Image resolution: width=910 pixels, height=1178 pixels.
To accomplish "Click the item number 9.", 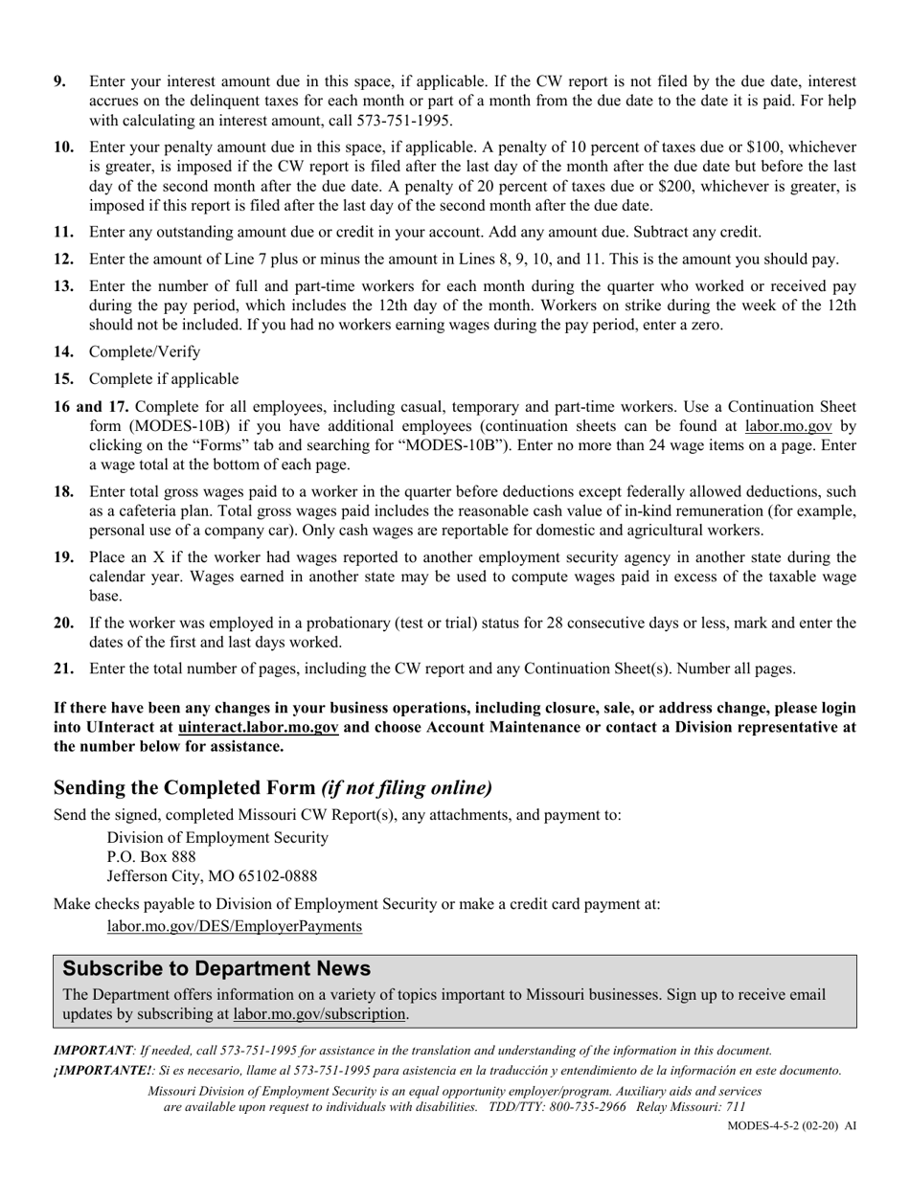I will point(60,82).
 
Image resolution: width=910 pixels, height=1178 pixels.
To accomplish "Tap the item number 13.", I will point(63,286).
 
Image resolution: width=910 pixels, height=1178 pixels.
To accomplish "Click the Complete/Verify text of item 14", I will point(145,351).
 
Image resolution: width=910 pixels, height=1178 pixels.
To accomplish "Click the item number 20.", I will point(63,623).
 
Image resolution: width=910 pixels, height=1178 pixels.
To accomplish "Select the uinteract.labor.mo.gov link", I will point(258,728).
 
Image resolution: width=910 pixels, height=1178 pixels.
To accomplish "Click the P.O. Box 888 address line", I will point(151,857).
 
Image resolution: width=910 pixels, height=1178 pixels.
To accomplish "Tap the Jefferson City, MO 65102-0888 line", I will point(212,876).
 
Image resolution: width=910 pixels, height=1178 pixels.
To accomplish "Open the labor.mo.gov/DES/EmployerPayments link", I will point(235,926).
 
